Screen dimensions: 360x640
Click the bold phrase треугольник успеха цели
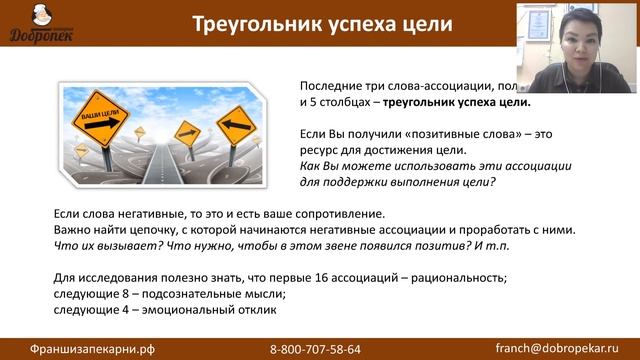454,101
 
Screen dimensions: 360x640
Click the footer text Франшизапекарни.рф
78,348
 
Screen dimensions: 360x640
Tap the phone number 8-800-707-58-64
315,348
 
